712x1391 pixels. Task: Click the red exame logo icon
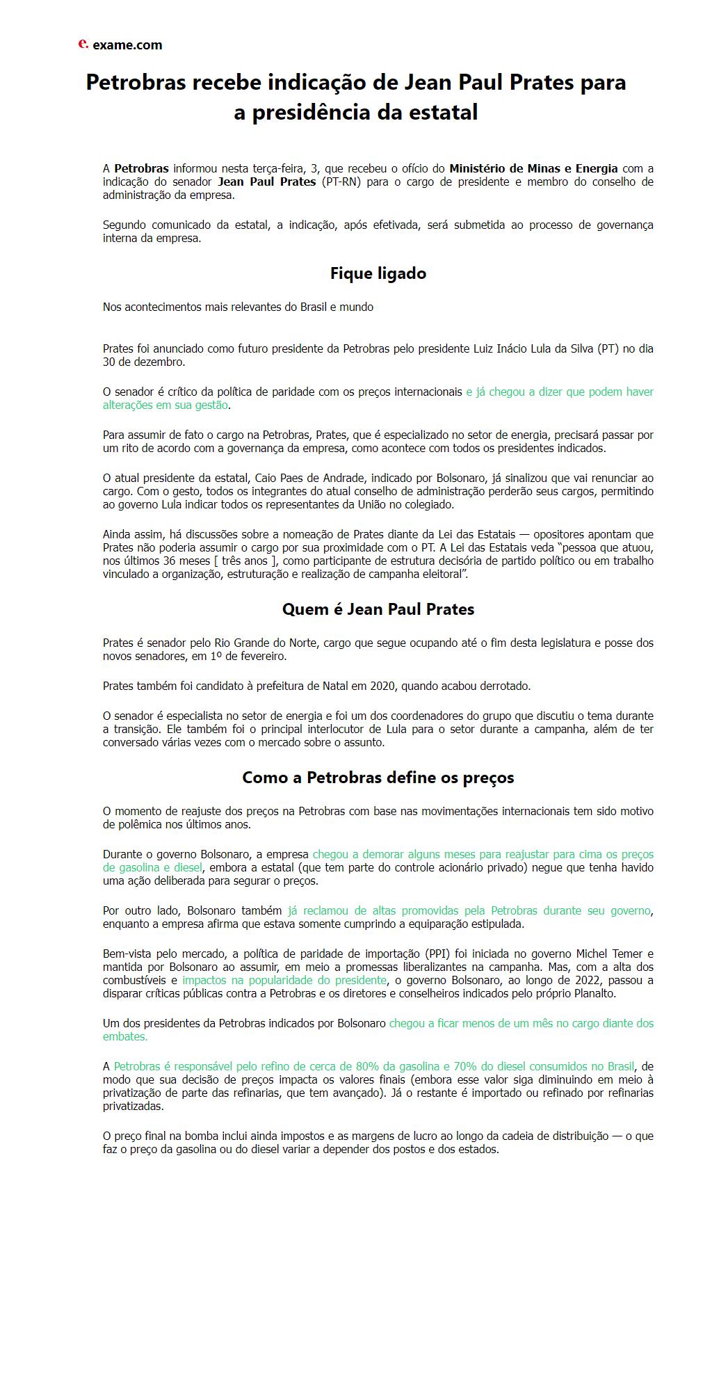[x=83, y=44]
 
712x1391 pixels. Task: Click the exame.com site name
[x=127, y=45]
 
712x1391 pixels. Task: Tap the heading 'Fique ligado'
[x=378, y=273]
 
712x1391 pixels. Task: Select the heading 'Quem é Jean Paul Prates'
[x=378, y=609]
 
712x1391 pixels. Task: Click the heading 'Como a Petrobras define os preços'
[x=378, y=778]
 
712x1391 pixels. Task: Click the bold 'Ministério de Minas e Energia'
[x=533, y=168]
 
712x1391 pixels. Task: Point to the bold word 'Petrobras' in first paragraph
[x=141, y=168]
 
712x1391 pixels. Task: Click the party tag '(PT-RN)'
[x=340, y=182]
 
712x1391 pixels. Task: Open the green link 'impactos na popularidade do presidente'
[x=284, y=980]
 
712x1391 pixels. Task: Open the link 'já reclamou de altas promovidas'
[x=469, y=910]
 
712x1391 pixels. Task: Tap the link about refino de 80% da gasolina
[x=374, y=1066]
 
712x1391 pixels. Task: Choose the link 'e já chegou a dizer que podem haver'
[x=559, y=392]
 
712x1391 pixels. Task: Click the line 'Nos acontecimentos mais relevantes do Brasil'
[x=238, y=307]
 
